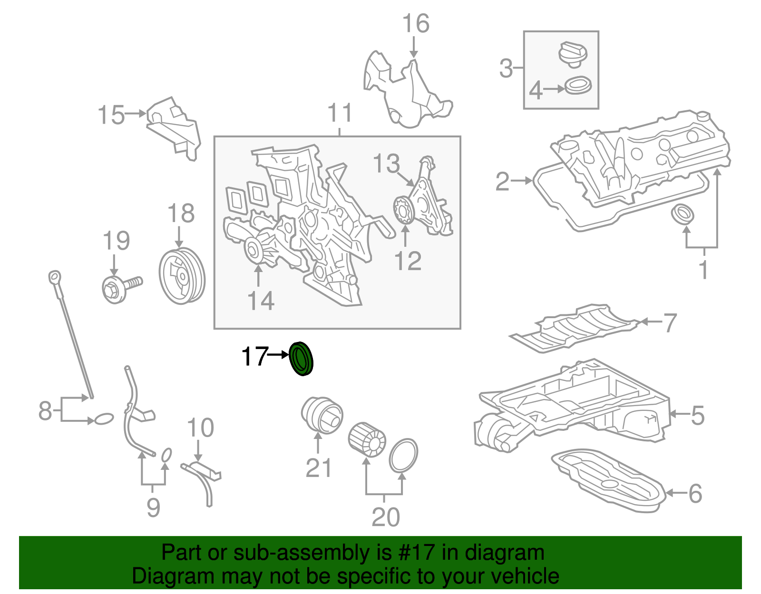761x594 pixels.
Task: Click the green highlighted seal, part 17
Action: click(301, 359)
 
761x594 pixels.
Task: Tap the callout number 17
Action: click(254, 356)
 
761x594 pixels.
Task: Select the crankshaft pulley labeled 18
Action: click(181, 276)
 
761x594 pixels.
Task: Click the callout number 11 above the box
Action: click(340, 113)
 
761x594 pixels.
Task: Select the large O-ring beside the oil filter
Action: click(403, 455)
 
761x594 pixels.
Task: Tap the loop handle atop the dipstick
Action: click(55, 277)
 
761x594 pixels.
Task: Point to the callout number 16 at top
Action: click(415, 24)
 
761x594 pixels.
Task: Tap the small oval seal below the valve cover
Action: click(682, 214)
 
